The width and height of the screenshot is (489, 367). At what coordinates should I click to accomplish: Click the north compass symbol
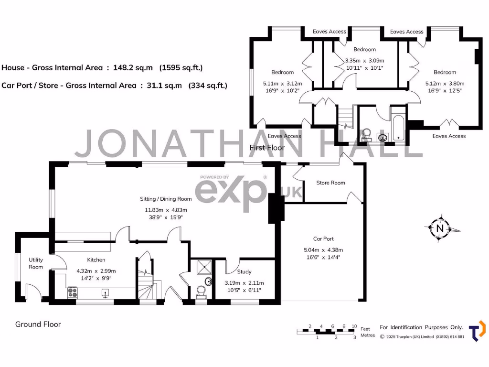coord(440,229)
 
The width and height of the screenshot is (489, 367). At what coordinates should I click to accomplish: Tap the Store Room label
coord(330,183)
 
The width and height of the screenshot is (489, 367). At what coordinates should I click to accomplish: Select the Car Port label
coord(323,238)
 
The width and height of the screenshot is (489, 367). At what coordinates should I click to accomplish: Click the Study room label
coord(244,271)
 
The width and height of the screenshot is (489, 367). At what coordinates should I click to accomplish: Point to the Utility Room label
coord(36,263)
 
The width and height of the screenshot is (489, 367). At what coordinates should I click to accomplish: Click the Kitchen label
coord(96,260)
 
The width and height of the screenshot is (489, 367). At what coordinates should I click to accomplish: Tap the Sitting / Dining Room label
coord(166,199)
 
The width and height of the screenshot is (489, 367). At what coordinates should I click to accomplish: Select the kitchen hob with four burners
coord(73,291)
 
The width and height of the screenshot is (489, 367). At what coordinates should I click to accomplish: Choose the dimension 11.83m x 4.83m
coord(166,210)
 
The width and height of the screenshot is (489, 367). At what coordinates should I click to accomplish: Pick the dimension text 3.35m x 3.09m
coord(364,61)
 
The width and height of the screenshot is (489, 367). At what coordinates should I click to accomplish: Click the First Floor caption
coord(267,148)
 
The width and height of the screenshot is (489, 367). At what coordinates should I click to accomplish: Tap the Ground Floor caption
coord(38,324)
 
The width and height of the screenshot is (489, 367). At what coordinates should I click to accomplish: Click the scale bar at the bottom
coord(327,331)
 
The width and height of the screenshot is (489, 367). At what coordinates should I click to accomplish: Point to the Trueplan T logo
coord(477,331)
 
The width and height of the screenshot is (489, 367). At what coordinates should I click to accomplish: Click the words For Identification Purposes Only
coord(421,327)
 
